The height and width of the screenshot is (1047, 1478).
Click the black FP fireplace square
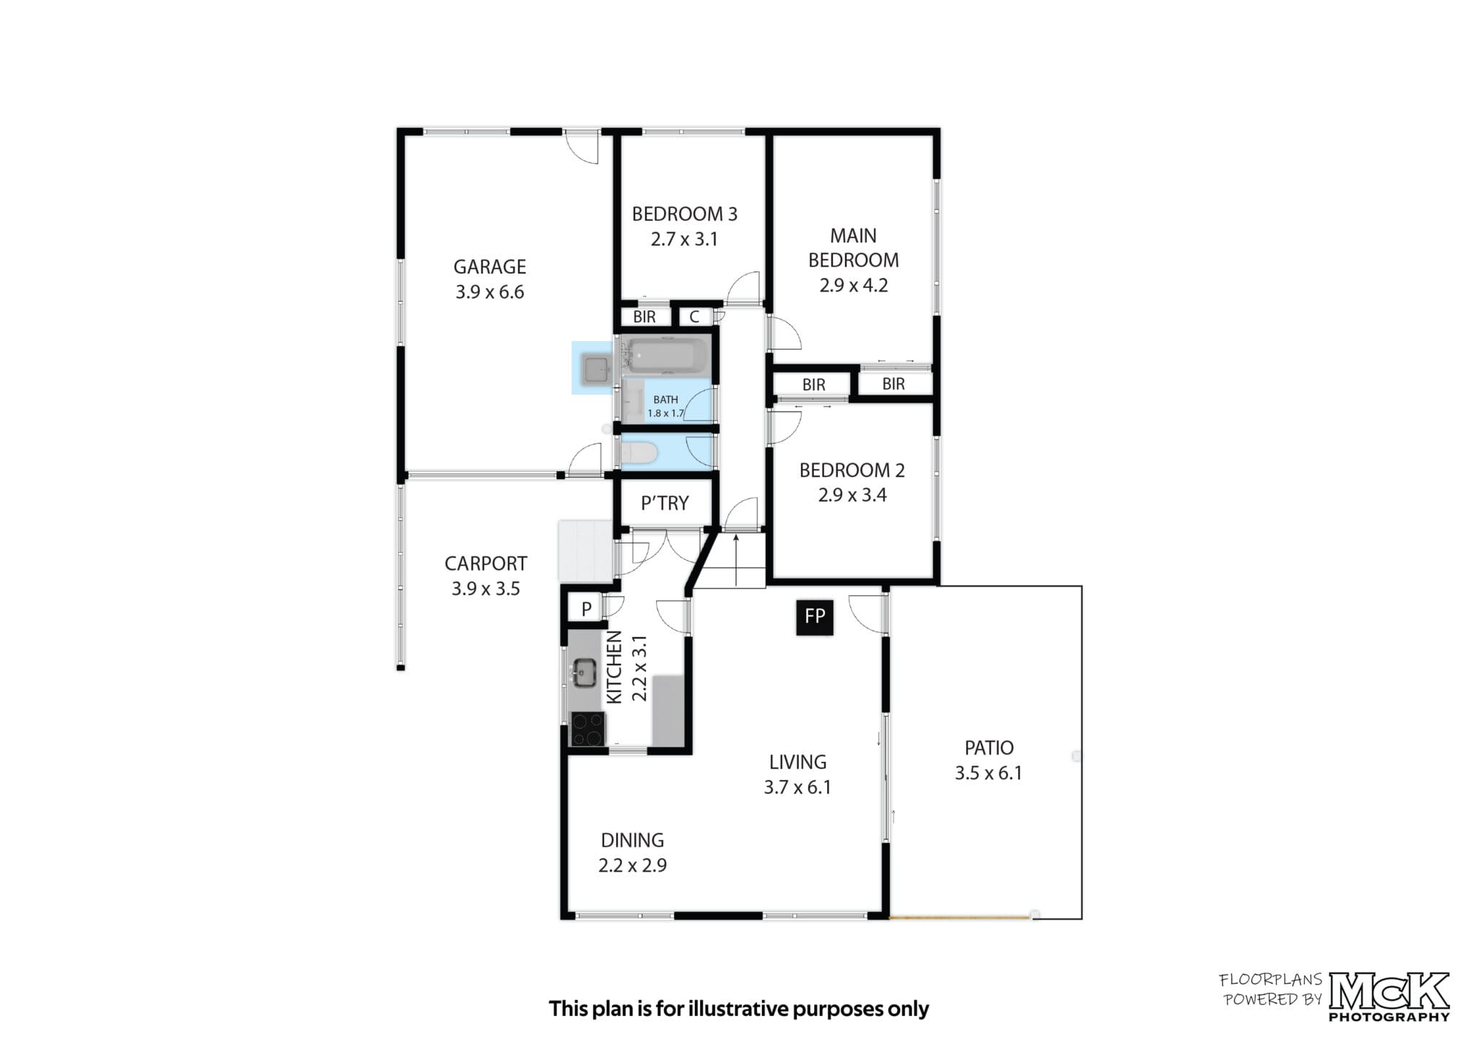(815, 618)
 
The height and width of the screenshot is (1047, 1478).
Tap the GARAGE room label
(489, 267)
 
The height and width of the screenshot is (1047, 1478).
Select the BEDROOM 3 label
(685, 214)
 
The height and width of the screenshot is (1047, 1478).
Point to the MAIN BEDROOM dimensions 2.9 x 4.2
(854, 285)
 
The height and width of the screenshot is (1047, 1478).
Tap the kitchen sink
(584, 674)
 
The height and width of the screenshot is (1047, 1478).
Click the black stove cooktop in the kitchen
(587, 729)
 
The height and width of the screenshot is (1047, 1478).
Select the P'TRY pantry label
(665, 503)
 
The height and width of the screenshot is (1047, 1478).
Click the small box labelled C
(694, 317)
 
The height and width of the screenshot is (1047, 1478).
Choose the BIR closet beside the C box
(644, 317)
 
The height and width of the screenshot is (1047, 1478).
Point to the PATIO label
(989, 748)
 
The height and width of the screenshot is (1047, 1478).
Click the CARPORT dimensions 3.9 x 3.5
(486, 589)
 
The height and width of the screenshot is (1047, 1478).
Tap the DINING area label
(632, 840)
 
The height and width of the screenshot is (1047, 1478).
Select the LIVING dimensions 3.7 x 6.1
(797, 787)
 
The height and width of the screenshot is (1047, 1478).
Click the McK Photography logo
(1389, 996)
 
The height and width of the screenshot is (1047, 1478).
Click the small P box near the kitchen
(587, 609)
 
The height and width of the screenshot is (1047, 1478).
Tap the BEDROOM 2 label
(852, 470)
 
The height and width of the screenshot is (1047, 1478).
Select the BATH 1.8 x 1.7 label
(665, 406)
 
